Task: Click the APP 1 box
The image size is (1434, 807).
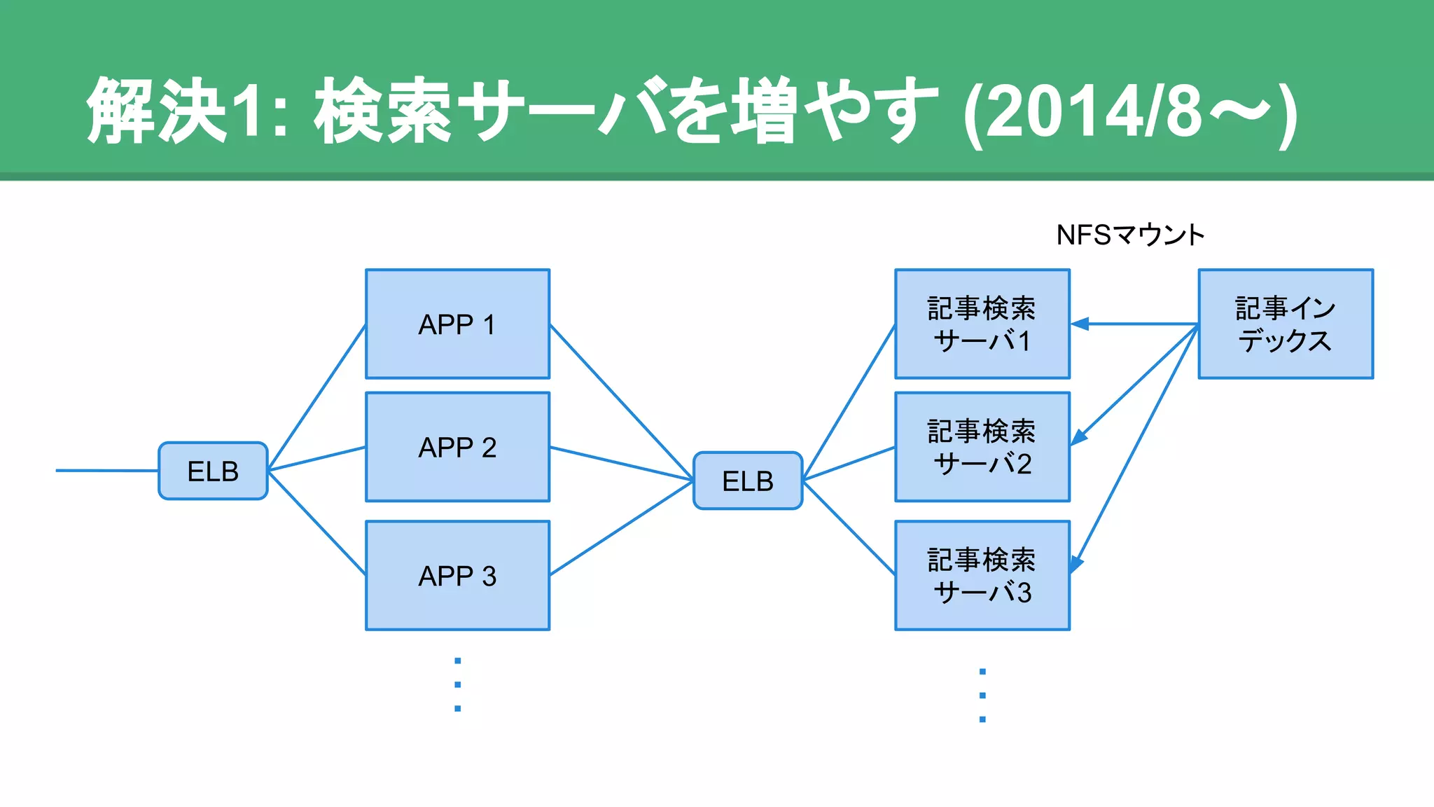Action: click(457, 324)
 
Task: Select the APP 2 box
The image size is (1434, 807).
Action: click(457, 447)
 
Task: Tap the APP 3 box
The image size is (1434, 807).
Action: click(457, 575)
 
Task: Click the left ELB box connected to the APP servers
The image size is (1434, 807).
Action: click(213, 471)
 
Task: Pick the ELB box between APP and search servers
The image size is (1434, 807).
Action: click(747, 481)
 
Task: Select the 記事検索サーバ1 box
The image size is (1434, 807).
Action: click(982, 324)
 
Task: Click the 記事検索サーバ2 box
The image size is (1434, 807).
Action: click(982, 447)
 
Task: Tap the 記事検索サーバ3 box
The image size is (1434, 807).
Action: click(982, 575)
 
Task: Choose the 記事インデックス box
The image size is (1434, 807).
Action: click(1285, 324)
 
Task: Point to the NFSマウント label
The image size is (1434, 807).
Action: click(1129, 235)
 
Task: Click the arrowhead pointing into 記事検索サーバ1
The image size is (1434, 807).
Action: click(1080, 324)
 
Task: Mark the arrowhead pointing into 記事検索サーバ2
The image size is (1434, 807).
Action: click(1079, 437)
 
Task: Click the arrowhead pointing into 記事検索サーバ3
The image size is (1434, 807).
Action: click(1075, 564)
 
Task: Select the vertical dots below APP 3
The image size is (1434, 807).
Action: click(457, 684)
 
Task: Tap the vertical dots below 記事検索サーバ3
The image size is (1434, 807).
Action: click(982, 695)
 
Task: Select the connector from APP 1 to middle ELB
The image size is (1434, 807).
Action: click(621, 402)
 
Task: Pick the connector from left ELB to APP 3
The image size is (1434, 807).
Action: click(316, 523)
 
